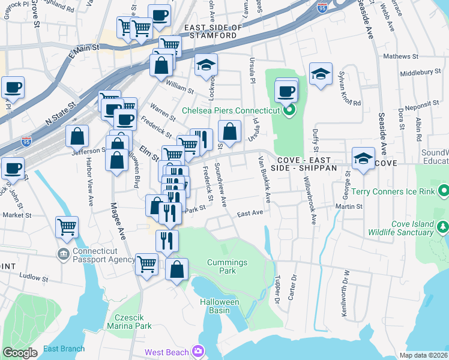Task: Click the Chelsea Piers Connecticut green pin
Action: pos(289,110)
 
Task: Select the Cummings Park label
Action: pos(227,267)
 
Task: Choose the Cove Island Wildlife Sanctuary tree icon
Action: pos(442,227)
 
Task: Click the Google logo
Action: pos(20,352)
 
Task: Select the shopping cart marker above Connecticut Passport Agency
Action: pos(67,227)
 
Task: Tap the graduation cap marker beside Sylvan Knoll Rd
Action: pos(321,74)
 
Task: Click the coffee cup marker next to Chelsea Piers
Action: pos(286,91)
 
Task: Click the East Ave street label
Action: pos(250,213)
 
